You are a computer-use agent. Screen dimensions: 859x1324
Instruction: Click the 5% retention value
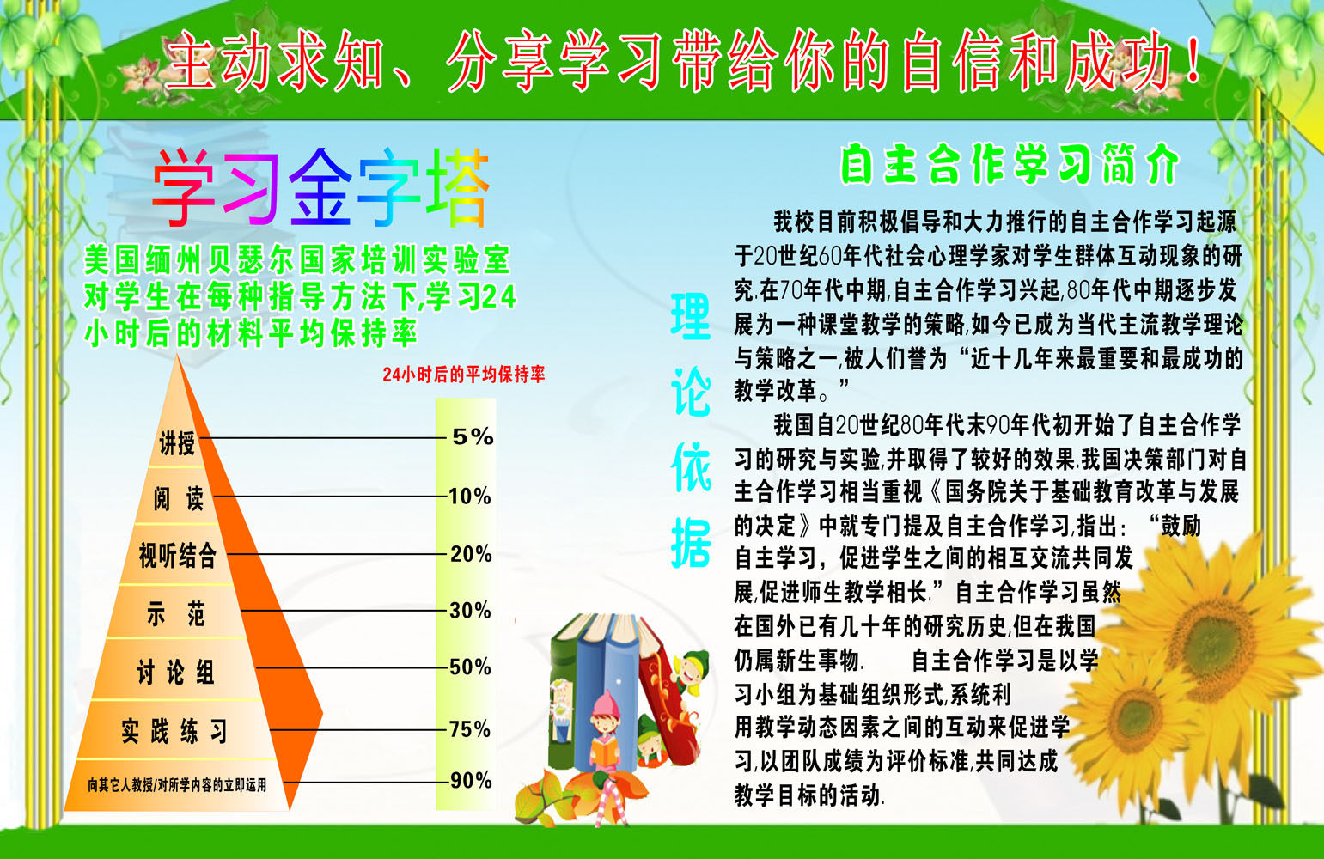click(473, 436)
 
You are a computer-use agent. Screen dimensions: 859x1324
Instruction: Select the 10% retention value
click(470, 496)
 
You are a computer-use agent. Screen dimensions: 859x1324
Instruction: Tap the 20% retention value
click(471, 554)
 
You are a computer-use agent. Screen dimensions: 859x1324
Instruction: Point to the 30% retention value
click(470, 611)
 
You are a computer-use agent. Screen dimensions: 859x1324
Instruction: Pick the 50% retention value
click(470, 667)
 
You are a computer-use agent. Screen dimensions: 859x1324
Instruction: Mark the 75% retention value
click(470, 729)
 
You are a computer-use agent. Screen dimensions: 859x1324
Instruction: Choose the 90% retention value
click(471, 780)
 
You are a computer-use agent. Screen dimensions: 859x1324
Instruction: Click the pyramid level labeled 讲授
click(177, 443)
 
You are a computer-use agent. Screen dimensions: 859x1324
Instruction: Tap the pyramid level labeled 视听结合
click(178, 555)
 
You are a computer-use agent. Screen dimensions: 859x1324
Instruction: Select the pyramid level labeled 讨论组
click(175, 672)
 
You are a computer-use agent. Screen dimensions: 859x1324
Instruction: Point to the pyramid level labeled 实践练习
click(174, 731)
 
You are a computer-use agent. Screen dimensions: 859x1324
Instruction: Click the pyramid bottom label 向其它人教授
click(177, 784)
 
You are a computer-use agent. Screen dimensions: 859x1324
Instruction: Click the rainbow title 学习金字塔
click(320, 188)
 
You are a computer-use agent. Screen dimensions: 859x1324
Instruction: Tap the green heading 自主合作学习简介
click(1009, 163)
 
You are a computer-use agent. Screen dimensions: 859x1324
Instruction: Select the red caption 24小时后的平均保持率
click(463, 375)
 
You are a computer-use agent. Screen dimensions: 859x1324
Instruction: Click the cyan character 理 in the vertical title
click(691, 317)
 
